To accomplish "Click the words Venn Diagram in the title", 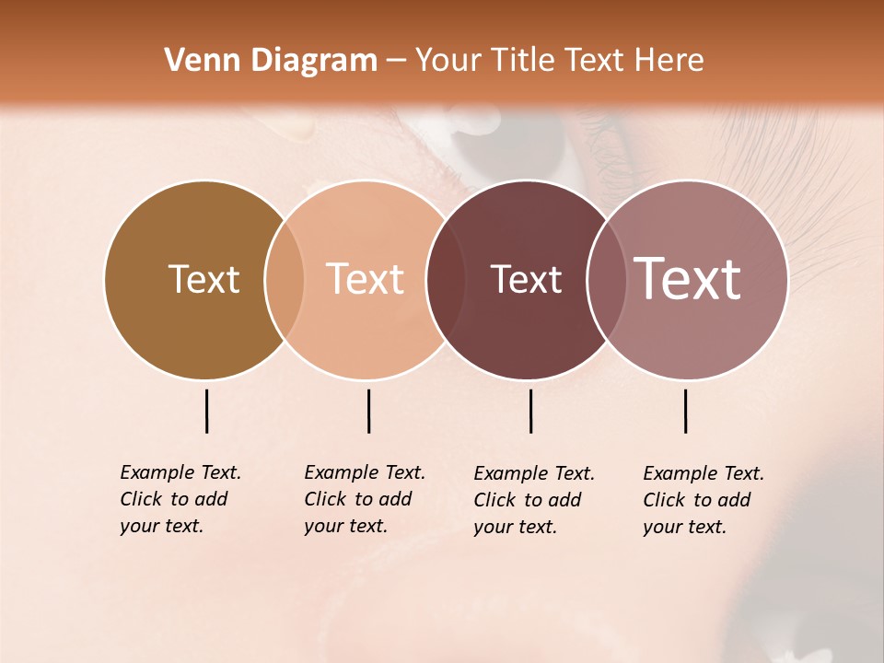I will pos(271,61).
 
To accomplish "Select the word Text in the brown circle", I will pos(204,280).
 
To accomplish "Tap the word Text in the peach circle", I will pos(366,280).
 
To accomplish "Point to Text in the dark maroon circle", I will pos(526,280).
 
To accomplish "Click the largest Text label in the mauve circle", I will pos(688,280).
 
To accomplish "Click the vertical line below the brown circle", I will pos(206,411).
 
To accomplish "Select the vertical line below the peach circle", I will pos(368,411).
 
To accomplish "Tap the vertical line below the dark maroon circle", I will pos(530,411).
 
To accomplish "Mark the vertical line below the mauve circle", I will pos(685,411).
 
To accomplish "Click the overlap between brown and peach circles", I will pos(285,280).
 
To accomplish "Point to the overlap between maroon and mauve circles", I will pos(605,280).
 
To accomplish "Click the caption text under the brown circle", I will pos(180,499).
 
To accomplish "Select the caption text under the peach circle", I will pos(365,499).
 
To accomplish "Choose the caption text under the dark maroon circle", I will pos(534,500).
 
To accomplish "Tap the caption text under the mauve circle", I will pos(704,500).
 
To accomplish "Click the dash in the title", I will pos(396,61).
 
